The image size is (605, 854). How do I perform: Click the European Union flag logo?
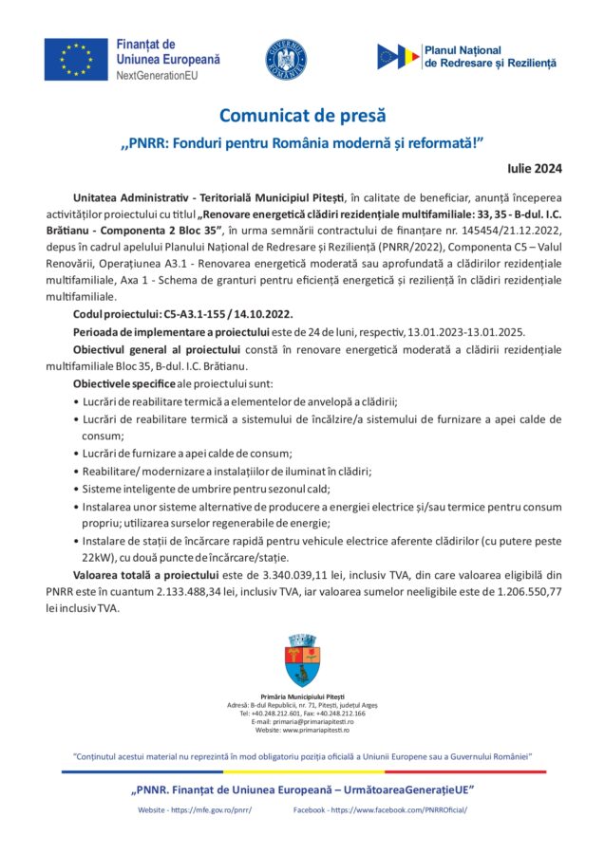[x=76, y=59]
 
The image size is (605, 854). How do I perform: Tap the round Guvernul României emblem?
[x=285, y=59]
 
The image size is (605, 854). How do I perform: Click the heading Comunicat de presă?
[x=302, y=116]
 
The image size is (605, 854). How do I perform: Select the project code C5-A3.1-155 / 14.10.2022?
[x=226, y=313]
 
